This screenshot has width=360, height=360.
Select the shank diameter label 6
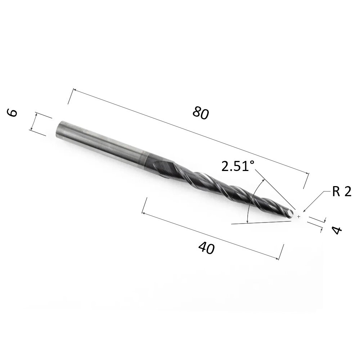click(x=12, y=113)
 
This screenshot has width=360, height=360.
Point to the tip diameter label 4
click(x=336, y=230)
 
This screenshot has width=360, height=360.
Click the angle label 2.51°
click(x=238, y=167)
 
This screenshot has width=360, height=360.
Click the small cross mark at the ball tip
click(x=299, y=216)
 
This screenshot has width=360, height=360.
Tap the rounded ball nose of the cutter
click(x=291, y=214)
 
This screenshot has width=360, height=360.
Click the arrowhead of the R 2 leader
click(x=305, y=211)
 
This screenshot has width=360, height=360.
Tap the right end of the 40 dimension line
click(x=280, y=258)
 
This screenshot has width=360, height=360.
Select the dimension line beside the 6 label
click(x=33, y=122)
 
